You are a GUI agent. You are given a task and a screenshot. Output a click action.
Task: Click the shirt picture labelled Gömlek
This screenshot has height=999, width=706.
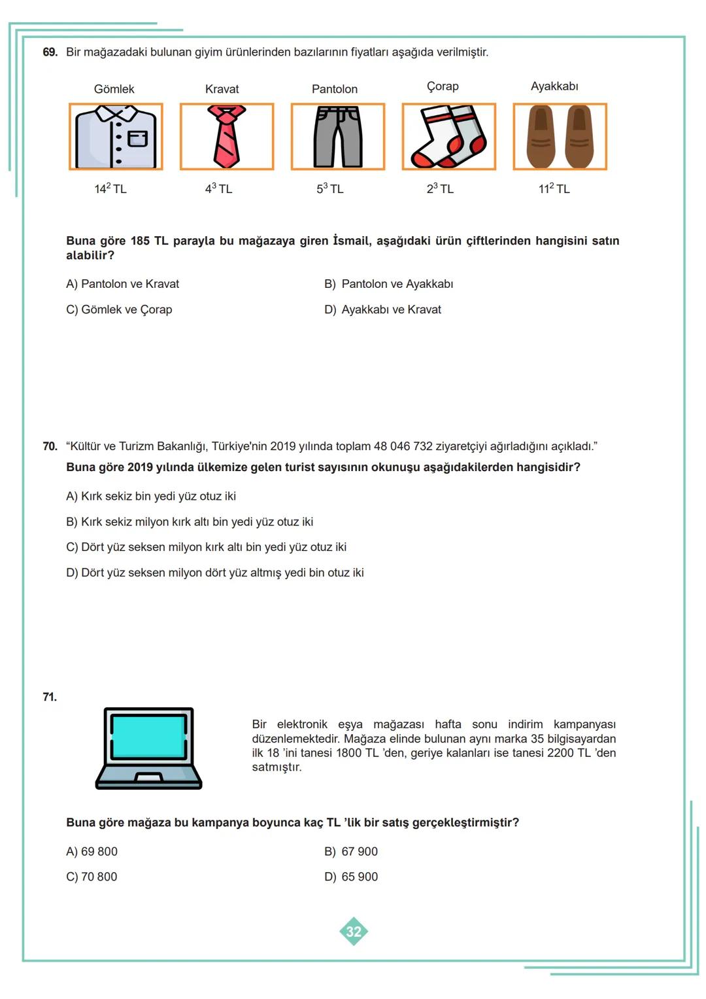click(x=116, y=137)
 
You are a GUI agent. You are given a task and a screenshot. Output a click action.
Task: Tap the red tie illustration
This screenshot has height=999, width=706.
click(x=226, y=137)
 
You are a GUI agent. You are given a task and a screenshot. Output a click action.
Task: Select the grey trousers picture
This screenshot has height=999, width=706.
click(x=337, y=137)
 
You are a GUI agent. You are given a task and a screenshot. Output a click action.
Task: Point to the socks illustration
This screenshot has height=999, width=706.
click(x=448, y=137)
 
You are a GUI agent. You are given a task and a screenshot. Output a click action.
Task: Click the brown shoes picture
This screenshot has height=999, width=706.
click(x=560, y=137)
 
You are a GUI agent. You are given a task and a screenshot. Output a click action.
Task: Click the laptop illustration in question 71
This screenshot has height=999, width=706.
click(x=149, y=748)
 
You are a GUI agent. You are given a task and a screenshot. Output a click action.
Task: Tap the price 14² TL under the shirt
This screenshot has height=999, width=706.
click(x=110, y=188)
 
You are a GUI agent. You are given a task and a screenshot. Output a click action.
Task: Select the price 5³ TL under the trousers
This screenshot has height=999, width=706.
click(x=330, y=188)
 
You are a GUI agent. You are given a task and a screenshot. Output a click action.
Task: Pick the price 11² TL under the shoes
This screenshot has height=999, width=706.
click(x=554, y=188)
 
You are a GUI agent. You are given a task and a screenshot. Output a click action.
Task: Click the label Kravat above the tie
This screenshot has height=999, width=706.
click(x=222, y=89)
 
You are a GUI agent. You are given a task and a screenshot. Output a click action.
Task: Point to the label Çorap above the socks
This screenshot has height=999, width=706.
click(x=443, y=86)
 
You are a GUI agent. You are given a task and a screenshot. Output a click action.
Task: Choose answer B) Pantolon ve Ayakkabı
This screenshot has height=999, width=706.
click(x=389, y=284)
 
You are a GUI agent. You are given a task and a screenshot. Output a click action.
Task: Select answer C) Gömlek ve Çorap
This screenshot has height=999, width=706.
click(x=119, y=309)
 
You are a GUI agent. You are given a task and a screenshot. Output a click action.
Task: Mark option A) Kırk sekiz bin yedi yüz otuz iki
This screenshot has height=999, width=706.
click(x=151, y=496)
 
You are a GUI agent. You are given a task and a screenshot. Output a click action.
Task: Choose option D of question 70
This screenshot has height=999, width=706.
click(x=215, y=572)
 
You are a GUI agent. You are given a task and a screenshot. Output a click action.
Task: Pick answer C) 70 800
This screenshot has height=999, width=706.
click(x=92, y=877)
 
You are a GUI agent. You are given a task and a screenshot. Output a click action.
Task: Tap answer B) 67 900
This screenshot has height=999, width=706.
click(x=351, y=851)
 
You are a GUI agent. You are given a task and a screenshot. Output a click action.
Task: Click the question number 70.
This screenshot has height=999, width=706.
click(x=50, y=446)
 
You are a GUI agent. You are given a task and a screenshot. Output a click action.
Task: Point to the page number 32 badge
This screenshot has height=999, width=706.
click(x=354, y=931)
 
